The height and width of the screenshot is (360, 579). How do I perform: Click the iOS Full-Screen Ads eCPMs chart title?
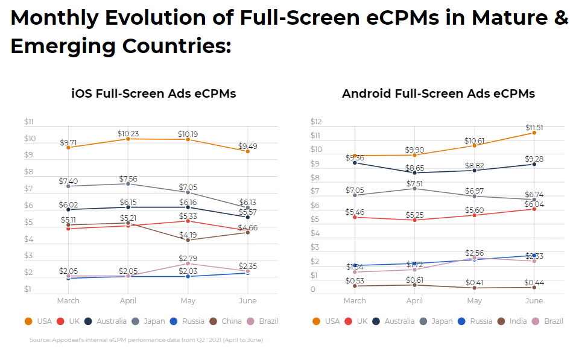click(153, 93)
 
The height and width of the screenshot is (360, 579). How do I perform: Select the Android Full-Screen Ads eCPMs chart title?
click(438, 93)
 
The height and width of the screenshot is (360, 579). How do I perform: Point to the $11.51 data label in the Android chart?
click(534, 128)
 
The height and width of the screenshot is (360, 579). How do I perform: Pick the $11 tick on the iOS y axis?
click(28, 122)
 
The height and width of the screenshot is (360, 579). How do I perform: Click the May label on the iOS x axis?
click(188, 300)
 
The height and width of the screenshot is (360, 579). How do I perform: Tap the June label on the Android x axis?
click(534, 300)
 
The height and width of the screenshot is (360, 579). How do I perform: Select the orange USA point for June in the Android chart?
click(534, 133)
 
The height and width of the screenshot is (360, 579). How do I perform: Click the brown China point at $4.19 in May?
click(188, 240)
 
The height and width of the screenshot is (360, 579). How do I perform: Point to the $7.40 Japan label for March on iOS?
click(68, 181)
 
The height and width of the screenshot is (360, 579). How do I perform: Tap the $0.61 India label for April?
click(414, 280)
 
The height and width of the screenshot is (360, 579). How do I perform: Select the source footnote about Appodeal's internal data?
click(146, 340)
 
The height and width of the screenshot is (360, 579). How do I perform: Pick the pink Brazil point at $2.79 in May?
click(188, 264)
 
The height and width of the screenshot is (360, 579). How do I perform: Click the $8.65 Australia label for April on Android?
click(414, 168)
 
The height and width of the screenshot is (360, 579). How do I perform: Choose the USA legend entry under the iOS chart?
click(39, 321)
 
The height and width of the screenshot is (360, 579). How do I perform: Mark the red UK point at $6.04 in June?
click(534, 209)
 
